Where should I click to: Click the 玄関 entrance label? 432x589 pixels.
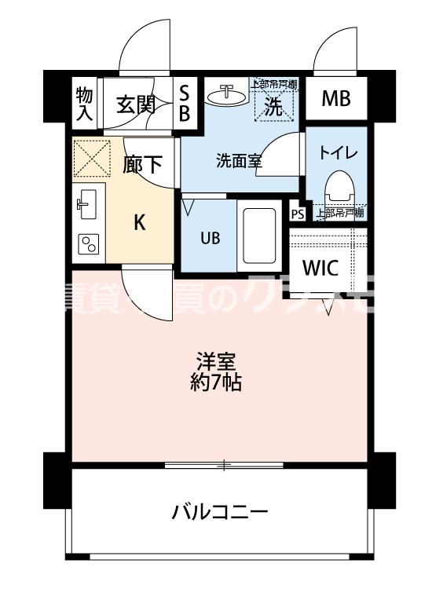[x=136, y=104]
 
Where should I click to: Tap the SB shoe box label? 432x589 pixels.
[x=185, y=104]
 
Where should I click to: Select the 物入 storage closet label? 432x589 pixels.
[x=84, y=104]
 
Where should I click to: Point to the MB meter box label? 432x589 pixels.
[x=336, y=100]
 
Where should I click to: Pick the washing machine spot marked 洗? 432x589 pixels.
[x=273, y=104]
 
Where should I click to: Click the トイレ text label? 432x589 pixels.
[x=338, y=153]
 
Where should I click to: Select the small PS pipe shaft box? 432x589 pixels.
[x=297, y=214]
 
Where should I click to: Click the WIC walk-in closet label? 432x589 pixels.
[x=320, y=268]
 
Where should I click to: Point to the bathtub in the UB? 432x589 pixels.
[x=258, y=234]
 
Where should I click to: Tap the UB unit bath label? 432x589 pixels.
[x=208, y=236]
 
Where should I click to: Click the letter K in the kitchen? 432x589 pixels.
[x=139, y=223]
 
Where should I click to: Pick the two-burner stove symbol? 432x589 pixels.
[x=86, y=246]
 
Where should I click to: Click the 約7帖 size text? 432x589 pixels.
[x=215, y=383]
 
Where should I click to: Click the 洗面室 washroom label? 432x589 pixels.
[x=239, y=161]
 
